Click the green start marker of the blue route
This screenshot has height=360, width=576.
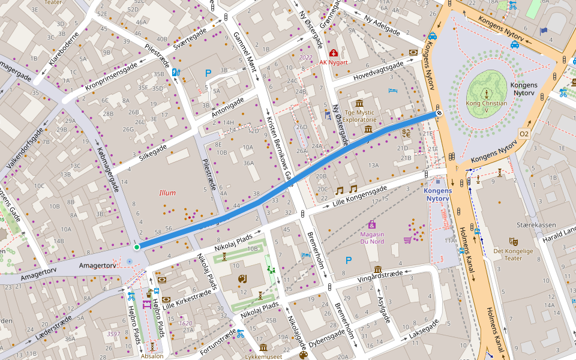tap(137, 247)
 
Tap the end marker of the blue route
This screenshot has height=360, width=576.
tap(439, 112)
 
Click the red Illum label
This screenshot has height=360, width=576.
tap(167, 193)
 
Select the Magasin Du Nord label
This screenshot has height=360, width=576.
tap(372, 237)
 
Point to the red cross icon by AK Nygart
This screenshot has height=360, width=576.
tap(333, 53)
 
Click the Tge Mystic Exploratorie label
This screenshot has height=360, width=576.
tap(368, 116)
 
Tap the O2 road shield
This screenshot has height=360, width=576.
tap(524, 133)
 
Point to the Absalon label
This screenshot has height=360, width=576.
tap(152, 356)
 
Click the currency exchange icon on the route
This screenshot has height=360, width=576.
tap(406, 133)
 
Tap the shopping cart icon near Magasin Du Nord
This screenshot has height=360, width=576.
tap(407, 241)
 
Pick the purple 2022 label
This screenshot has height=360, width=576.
tap(305, 58)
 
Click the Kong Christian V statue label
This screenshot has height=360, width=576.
tap(487, 106)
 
